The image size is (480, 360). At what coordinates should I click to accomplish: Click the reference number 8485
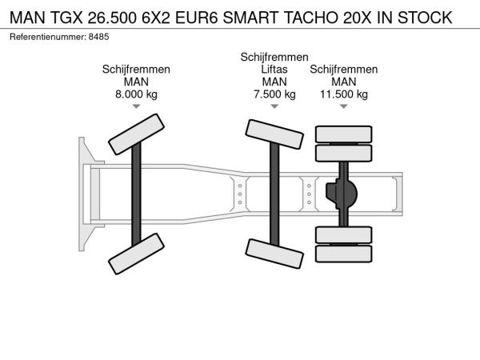click(x=98, y=37)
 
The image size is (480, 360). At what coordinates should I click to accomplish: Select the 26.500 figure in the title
click(x=112, y=18)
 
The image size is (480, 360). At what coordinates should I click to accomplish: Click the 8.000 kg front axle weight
click(x=136, y=94)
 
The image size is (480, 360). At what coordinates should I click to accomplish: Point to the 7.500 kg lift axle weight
click(x=274, y=94)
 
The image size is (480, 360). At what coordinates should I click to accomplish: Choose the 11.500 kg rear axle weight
click(x=344, y=94)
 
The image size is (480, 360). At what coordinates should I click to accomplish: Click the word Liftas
click(x=274, y=70)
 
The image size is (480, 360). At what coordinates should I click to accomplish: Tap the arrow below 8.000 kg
click(x=136, y=106)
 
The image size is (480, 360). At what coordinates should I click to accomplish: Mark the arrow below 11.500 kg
click(x=344, y=106)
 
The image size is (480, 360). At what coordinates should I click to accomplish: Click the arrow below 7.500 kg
click(x=274, y=106)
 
